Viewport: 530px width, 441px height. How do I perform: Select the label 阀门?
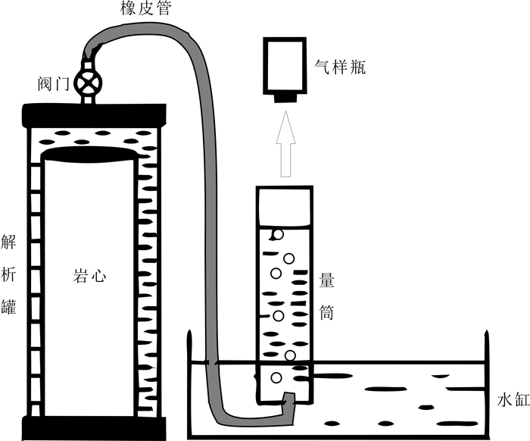[49, 81]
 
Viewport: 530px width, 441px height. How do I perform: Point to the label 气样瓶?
[340, 67]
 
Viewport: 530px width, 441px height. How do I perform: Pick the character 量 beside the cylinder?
[328, 279]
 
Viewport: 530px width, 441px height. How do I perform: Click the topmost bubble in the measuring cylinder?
[279, 235]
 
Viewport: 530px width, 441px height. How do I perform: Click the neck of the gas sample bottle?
[285, 97]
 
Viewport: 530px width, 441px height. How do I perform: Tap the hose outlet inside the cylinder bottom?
[288, 397]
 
